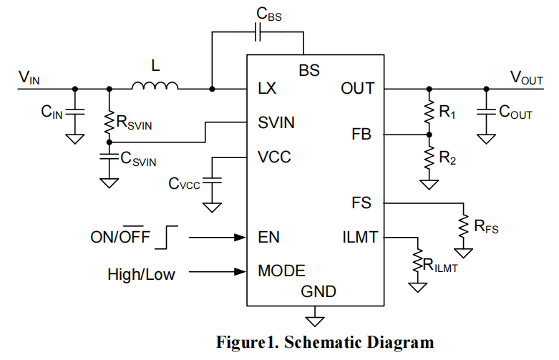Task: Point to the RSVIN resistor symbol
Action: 109,123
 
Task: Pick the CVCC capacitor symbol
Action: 212,183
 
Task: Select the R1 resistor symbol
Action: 429,111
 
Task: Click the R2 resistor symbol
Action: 429,157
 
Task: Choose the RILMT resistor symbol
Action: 416,261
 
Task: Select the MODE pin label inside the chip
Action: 281,271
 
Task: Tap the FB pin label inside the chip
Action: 362,134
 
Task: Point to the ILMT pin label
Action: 360,237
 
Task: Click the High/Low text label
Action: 141,273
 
